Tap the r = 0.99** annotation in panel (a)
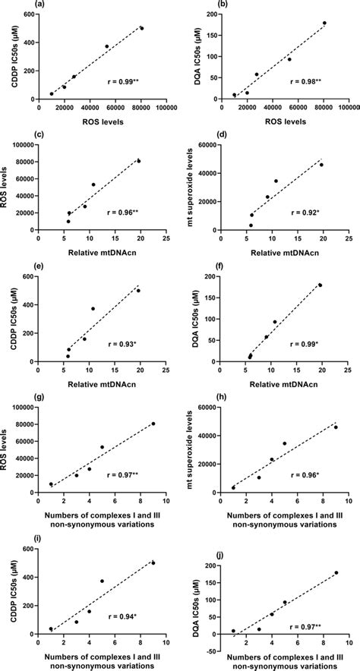125,78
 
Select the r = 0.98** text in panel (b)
308,78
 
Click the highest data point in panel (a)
142,28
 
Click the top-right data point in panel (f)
321,285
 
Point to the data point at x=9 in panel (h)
336,427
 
